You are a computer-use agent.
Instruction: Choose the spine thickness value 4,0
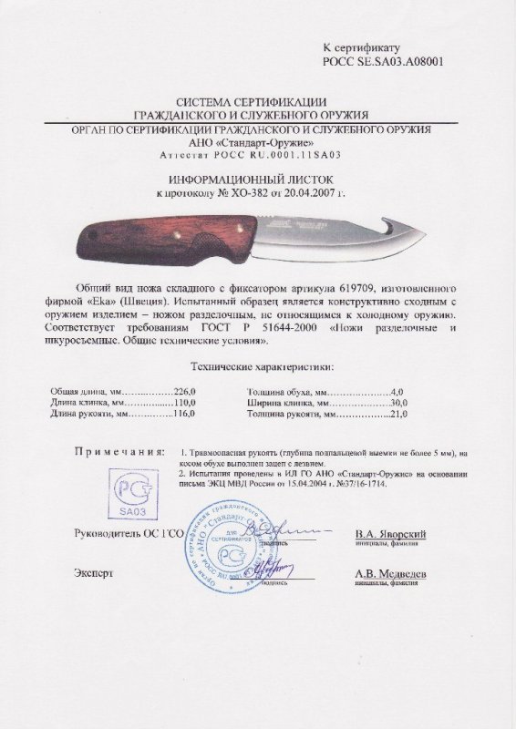click(397, 387)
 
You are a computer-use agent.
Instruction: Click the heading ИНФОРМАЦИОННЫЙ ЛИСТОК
click(257, 180)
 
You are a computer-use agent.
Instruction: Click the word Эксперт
click(96, 574)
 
